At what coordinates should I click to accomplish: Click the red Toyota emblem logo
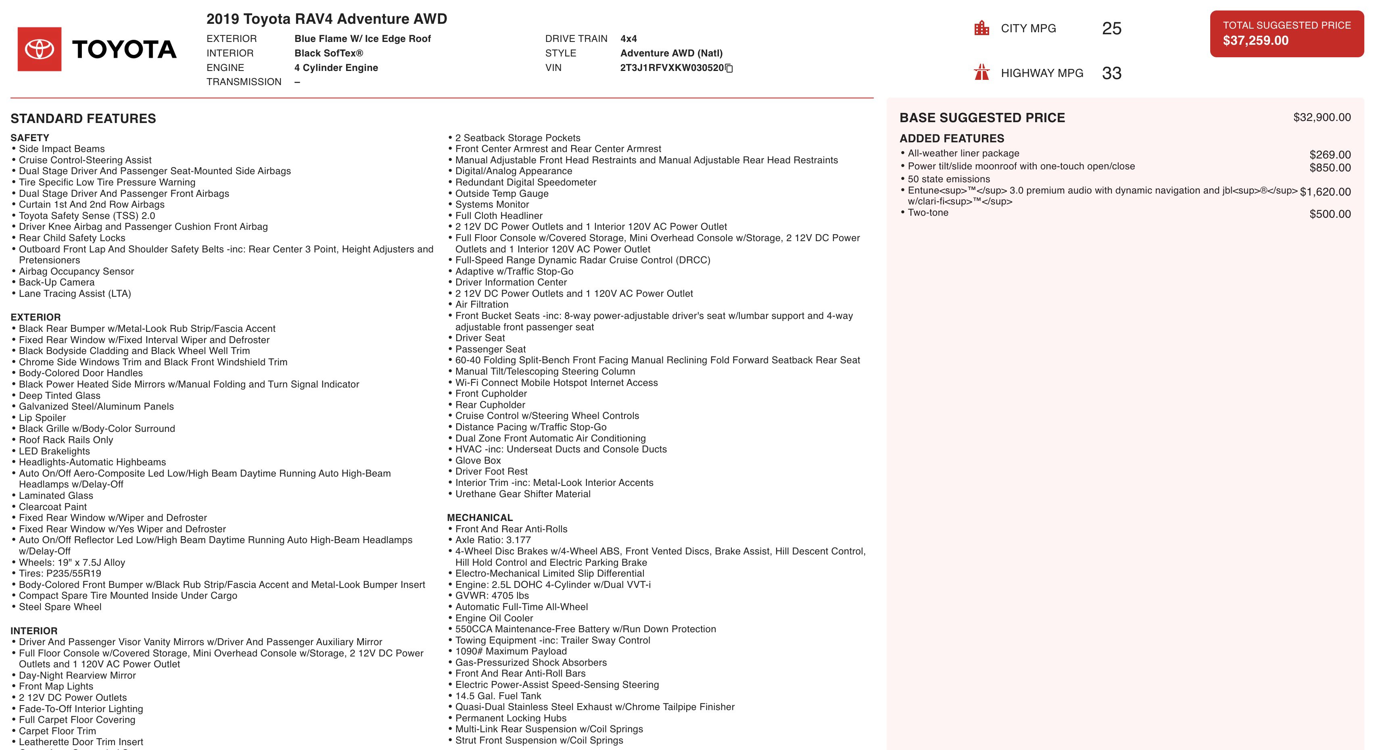pos(40,49)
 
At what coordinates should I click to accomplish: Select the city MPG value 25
pos(1111,28)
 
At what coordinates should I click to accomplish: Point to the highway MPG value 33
pos(1111,73)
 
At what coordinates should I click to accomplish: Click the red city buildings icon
pos(981,28)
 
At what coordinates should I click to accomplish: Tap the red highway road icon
pos(981,73)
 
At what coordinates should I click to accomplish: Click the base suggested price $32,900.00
pos(1322,117)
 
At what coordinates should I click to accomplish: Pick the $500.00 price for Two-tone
pos(1330,214)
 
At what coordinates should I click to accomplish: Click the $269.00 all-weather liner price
pos(1330,154)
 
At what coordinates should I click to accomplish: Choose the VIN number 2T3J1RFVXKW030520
pos(672,68)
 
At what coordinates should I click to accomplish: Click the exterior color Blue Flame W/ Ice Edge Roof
pos(362,38)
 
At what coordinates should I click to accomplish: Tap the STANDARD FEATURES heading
pos(83,118)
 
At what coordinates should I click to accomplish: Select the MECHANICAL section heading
pos(480,518)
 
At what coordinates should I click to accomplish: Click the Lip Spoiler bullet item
pos(42,418)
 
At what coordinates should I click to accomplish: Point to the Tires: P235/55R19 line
pos(60,573)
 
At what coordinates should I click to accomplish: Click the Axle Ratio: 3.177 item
pos(493,540)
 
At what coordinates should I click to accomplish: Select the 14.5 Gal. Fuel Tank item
pos(498,696)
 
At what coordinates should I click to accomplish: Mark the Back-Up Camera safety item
pos(56,283)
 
